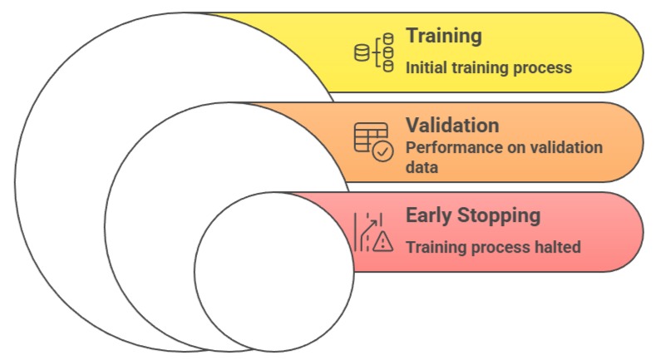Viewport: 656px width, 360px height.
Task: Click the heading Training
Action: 443,36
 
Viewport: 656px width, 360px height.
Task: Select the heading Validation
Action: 452,126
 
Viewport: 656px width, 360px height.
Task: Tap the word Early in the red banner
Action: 428,216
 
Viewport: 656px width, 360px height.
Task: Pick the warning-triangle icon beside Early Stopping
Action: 382,242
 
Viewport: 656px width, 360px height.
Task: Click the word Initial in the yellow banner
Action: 425,68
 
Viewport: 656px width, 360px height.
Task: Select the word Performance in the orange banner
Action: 446,148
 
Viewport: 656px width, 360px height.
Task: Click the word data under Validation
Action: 422,168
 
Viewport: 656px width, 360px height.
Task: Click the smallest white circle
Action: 274,271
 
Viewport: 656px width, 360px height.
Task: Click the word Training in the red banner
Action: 433,247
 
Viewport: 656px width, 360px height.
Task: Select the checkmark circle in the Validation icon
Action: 383,151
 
